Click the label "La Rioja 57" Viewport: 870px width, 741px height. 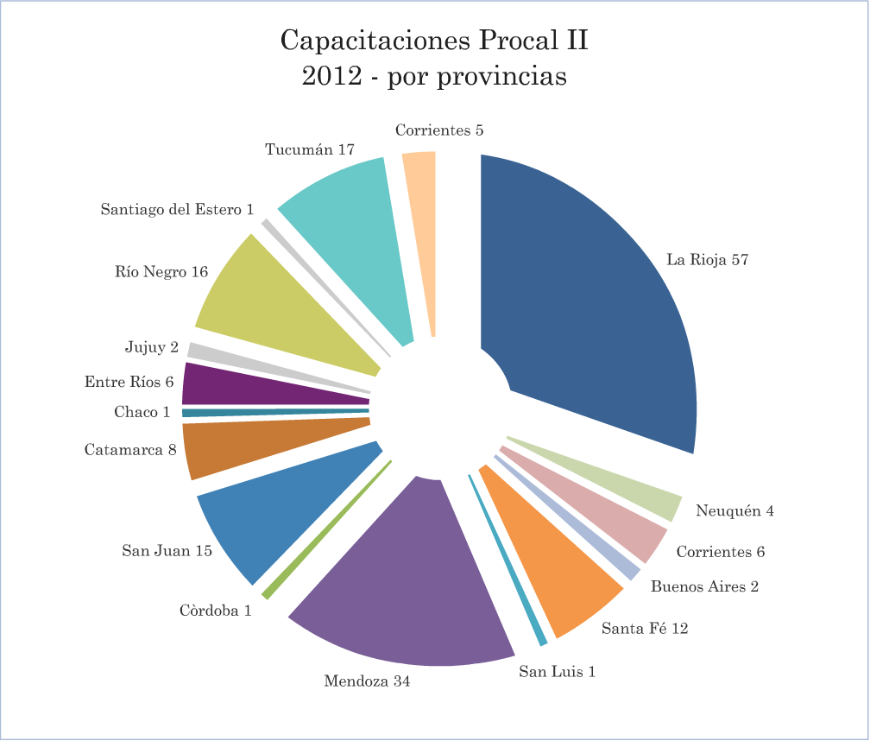point(707,259)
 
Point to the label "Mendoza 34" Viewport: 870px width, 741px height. point(367,681)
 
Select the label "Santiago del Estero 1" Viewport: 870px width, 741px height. point(177,209)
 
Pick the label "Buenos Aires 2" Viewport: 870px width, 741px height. point(704,587)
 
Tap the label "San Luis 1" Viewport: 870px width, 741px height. point(557,671)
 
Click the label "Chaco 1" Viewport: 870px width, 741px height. point(142,412)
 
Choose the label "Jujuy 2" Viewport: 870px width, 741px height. point(151,348)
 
